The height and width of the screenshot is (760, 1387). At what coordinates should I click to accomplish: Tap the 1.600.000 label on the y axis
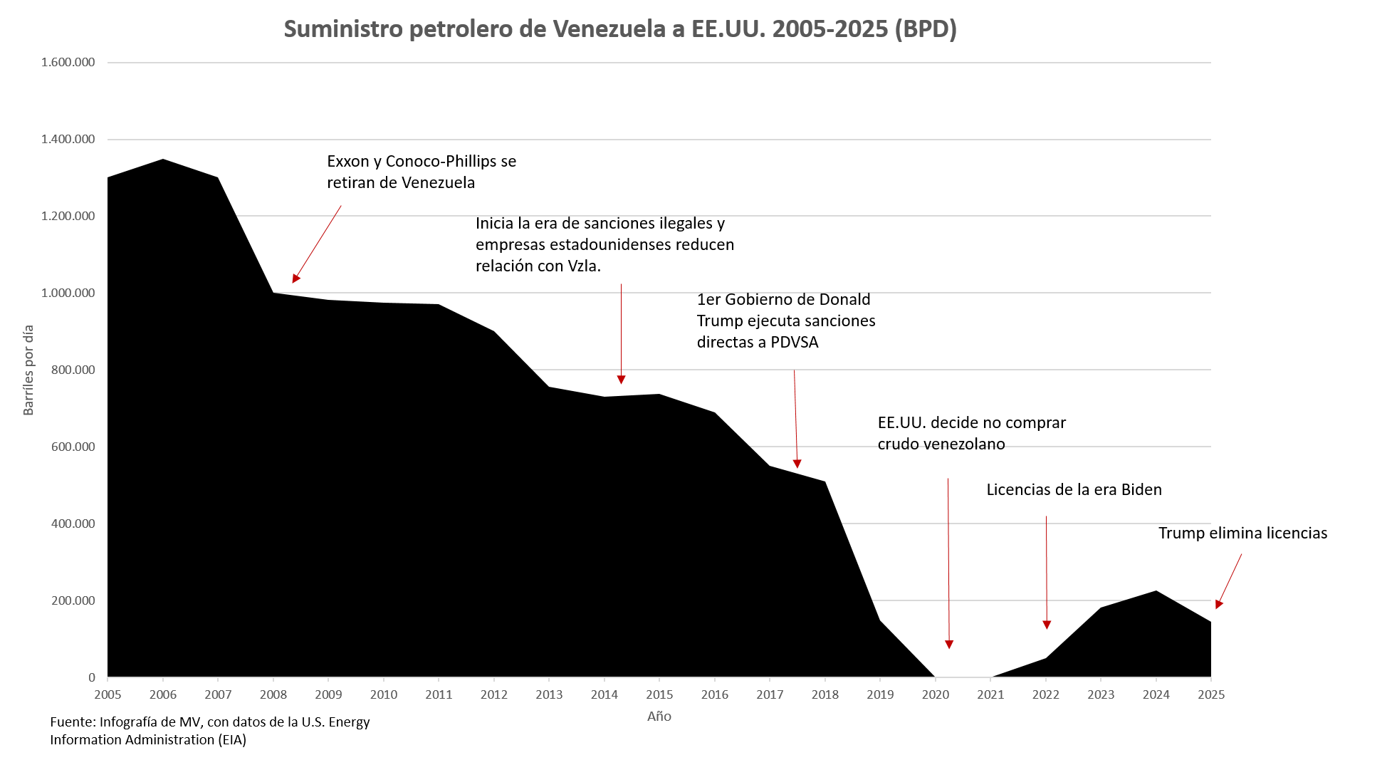pyautogui.click(x=68, y=63)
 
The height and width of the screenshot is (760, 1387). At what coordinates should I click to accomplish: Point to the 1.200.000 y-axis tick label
pyautogui.click(x=68, y=217)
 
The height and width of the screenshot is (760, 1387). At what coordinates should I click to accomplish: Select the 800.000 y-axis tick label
pyautogui.click(x=73, y=370)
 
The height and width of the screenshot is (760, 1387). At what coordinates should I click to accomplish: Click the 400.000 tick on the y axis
pyautogui.click(x=73, y=524)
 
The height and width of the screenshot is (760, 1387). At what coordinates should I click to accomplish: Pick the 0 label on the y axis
pyautogui.click(x=92, y=677)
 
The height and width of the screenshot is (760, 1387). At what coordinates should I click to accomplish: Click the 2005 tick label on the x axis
pyautogui.click(x=108, y=695)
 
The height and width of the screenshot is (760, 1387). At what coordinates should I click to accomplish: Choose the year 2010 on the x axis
pyautogui.click(x=384, y=695)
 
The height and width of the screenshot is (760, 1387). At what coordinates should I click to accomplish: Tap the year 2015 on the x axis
pyautogui.click(x=659, y=695)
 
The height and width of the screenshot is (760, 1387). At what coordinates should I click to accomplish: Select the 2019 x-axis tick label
pyautogui.click(x=880, y=695)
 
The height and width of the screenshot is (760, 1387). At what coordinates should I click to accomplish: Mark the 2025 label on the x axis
pyautogui.click(x=1211, y=695)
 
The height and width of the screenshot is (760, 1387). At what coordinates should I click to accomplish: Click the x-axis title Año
pyautogui.click(x=659, y=717)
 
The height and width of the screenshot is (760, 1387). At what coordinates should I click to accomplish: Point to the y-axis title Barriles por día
pyautogui.click(x=28, y=370)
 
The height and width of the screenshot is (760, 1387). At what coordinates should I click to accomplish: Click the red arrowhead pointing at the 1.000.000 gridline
pyautogui.click(x=295, y=279)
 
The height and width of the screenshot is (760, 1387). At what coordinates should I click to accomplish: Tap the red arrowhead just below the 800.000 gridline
pyautogui.click(x=621, y=380)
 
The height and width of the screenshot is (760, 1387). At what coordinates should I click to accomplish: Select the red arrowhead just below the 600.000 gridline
pyautogui.click(x=797, y=464)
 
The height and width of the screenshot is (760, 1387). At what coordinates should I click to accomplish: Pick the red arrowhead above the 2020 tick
pyautogui.click(x=949, y=645)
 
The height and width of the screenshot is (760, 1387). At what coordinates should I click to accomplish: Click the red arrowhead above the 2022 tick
pyautogui.click(x=1047, y=625)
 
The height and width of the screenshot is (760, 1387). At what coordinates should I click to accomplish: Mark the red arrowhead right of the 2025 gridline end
pyautogui.click(x=1219, y=605)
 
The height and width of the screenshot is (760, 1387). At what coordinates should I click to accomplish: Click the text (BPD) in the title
pyautogui.click(x=926, y=29)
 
